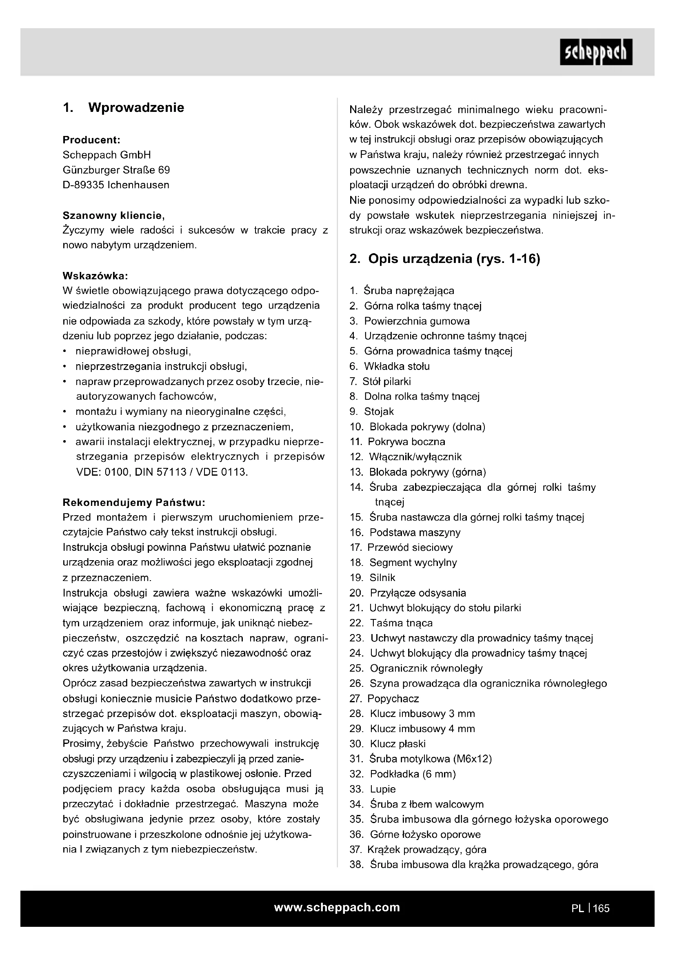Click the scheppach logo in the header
click(596, 52)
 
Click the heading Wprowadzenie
click(136, 108)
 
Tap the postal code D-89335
click(83, 185)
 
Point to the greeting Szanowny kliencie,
click(113, 216)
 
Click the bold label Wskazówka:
click(95, 276)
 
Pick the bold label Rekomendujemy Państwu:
click(134, 503)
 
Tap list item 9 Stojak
click(379, 412)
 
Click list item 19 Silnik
click(382, 577)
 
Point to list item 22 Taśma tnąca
click(401, 623)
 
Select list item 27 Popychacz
click(393, 698)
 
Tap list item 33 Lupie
click(382, 789)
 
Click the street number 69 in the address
click(164, 170)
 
